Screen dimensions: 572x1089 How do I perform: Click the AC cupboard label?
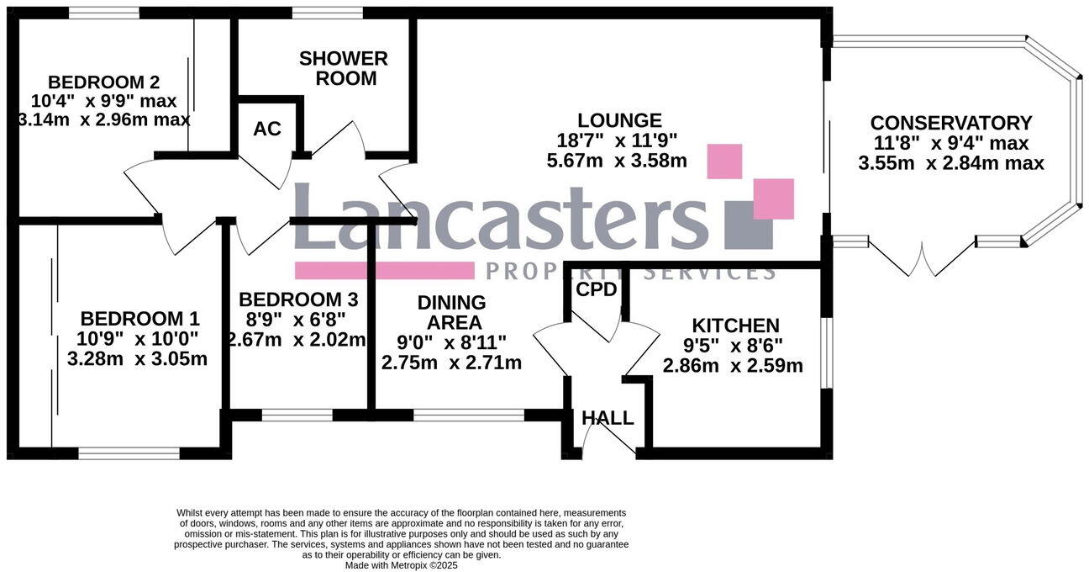pyautogui.click(x=267, y=129)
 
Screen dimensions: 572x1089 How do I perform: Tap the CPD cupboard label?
pyautogui.click(x=597, y=289)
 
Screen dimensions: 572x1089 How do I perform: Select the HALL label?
pyautogui.click(x=608, y=418)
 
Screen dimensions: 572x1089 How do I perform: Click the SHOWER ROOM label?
pyautogui.click(x=344, y=68)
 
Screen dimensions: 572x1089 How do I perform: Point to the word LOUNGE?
pyautogui.click(x=619, y=120)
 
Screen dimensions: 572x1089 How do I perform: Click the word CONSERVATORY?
pyautogui.click(x=950, y=123)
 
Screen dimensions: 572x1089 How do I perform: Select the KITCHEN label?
pyautogui.click(x=735, y=325)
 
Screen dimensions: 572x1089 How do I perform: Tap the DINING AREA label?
pyautogui.click(x=452, y=312)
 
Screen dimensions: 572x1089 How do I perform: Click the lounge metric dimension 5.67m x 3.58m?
pyautogui.click(x=617, y=161)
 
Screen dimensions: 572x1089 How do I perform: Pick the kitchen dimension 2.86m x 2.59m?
pyautogui.click(x=733, y=366)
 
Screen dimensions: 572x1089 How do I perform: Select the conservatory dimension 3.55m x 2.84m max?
pyautogui.click(x=950, y=163)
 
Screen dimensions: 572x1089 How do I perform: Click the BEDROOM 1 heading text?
pyautogui.click(x=139, y=319)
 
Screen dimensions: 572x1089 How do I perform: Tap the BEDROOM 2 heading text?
pyautogui.click(x=104, y=82)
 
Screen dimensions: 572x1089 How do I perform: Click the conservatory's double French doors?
pyautogui.click(x=922, y=259)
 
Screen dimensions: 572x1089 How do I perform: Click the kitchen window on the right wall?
pyautogui.click(x=826, y=353)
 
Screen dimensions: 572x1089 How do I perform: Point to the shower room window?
pyautogui.click(x=328, y=13)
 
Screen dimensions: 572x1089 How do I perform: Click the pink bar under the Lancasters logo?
pyautogui.click(x=384, y=270)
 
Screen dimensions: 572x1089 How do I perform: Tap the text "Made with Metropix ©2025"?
pyautogui.click(x=401, y=565)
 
